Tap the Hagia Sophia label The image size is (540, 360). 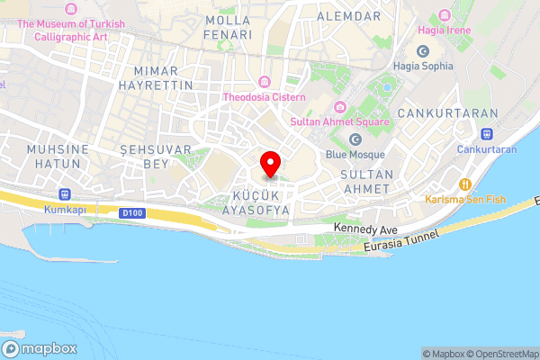423,66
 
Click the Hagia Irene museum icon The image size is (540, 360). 444,15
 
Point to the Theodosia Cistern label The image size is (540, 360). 265,97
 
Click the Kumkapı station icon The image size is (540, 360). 64,193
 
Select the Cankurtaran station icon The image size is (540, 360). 487,133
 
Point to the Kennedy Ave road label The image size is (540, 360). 365,230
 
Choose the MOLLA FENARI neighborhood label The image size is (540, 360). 229,27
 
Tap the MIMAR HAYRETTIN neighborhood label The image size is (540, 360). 162,77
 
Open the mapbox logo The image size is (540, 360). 40,349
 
